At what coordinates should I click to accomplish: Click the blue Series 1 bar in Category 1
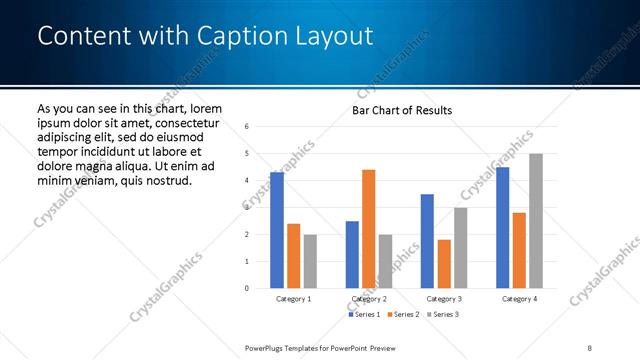tap(277, 230)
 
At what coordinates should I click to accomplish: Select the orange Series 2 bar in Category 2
tap(368, 229)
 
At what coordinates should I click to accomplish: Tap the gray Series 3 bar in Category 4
tap(536, 221)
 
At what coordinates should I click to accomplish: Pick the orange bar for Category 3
tap(444, 264)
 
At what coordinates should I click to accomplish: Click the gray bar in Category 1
tap(310, 262)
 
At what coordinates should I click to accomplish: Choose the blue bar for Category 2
tap(352, 255)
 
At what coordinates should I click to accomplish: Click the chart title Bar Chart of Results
tap(402, 110)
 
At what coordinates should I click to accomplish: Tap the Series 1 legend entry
tap(364, 314)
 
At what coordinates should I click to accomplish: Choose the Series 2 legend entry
tap(402, 314)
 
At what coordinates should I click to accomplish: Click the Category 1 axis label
tap(293, 299)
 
